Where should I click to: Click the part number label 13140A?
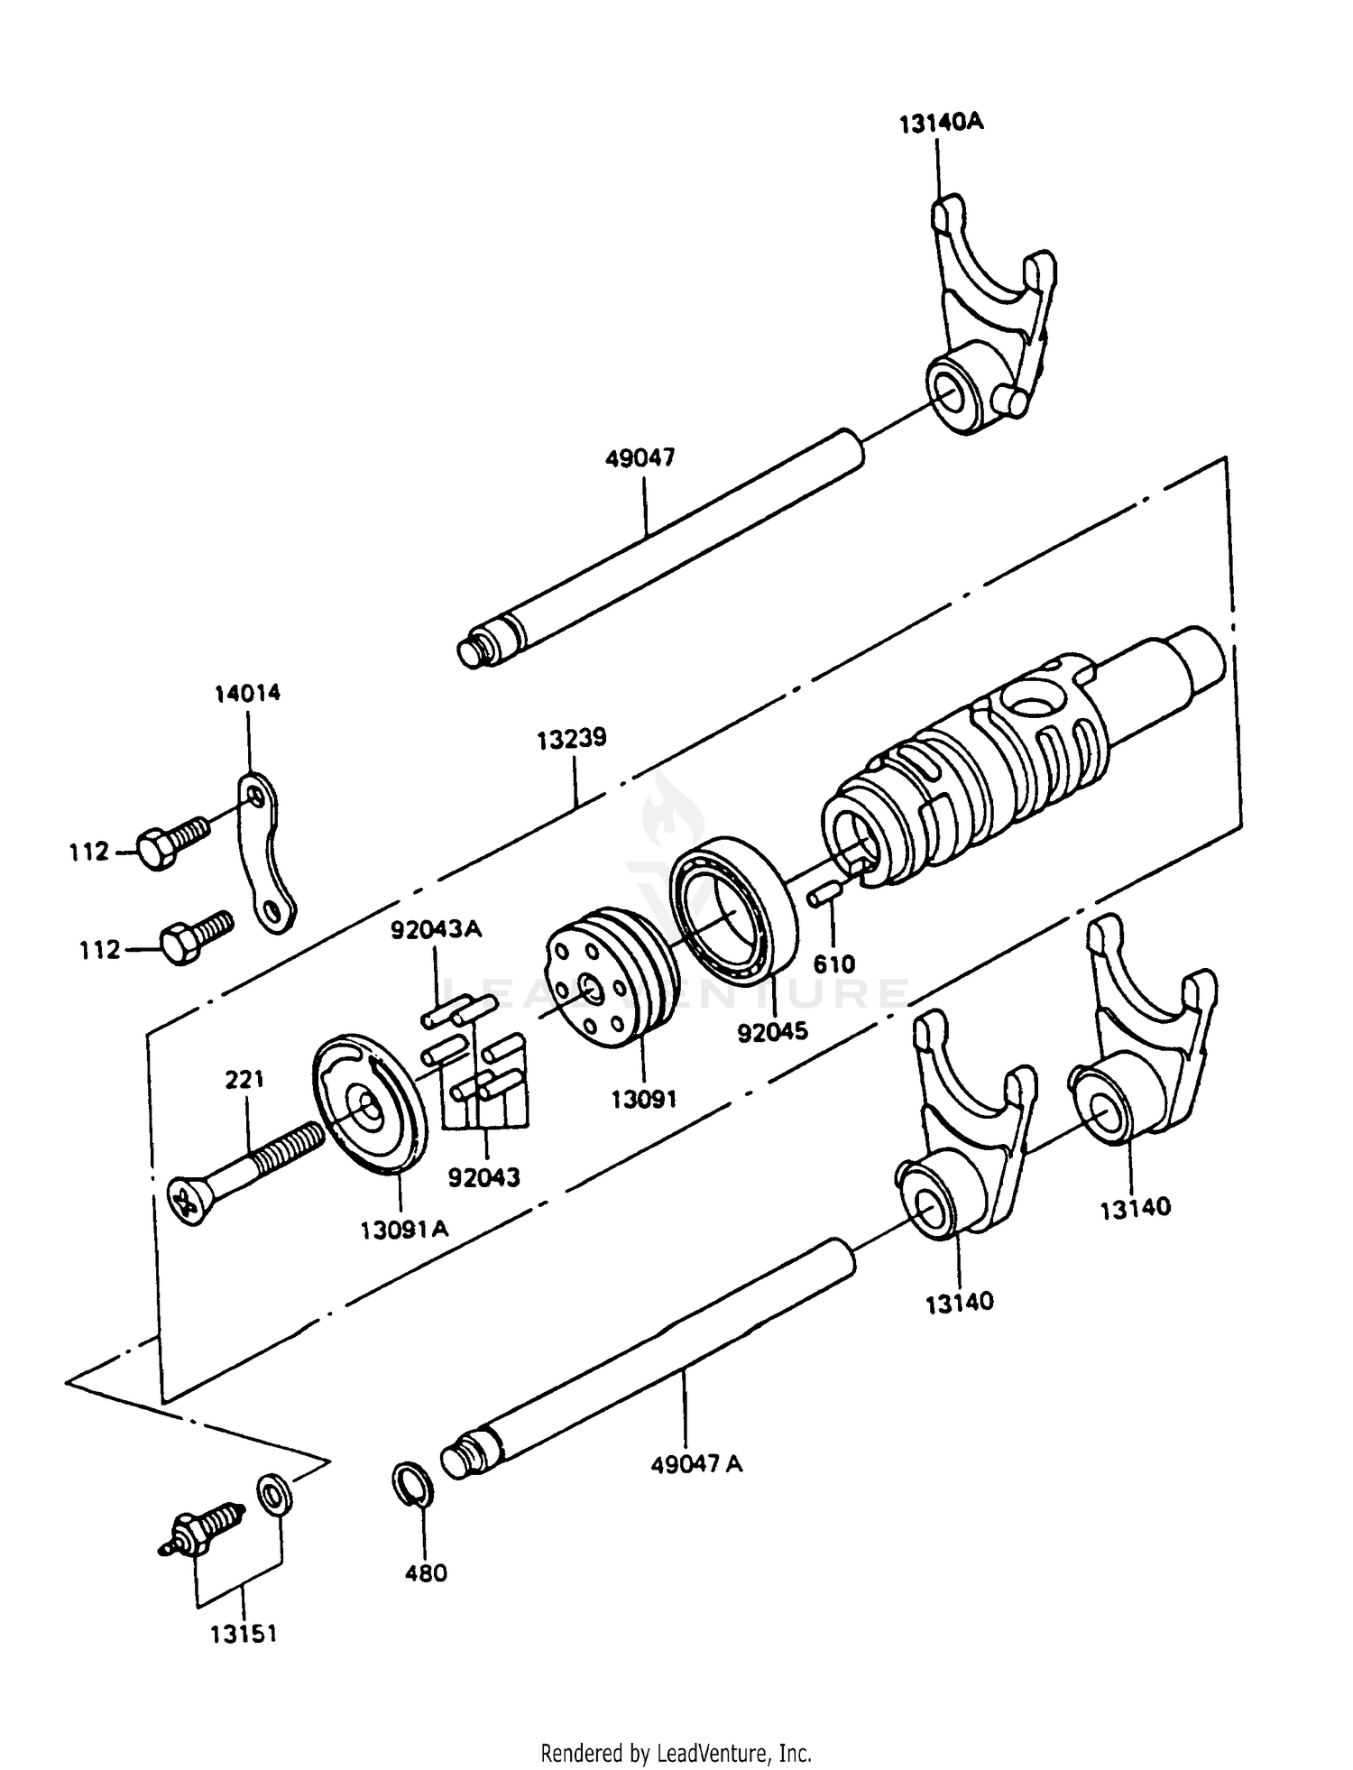(941, 123)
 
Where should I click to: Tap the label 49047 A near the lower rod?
(696, 1463)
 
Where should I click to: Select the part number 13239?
(572, 739)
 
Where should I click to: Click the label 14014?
(247, 693)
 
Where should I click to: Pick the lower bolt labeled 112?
(195, 938)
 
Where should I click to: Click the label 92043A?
(436, 929)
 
